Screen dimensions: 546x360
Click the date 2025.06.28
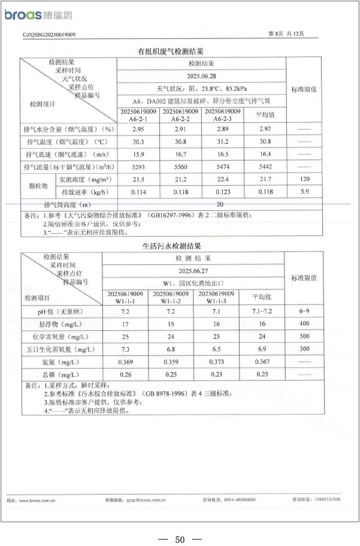(x=201, y=76)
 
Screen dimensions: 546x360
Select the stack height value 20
(x=202, y=205)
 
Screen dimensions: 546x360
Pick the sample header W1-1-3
(x=216, y=297)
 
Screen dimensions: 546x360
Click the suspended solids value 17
(x=125, y=324)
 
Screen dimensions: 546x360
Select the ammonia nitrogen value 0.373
(x=216, y=362)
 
